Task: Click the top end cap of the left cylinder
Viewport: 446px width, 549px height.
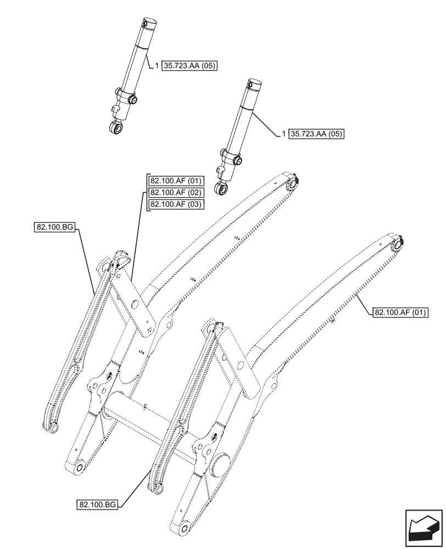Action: point(149,24)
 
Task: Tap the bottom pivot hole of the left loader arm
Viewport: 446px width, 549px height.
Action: point(80,468)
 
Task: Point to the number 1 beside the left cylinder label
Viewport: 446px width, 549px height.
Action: point(157,66)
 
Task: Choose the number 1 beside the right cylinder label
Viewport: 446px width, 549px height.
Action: point(283,133)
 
